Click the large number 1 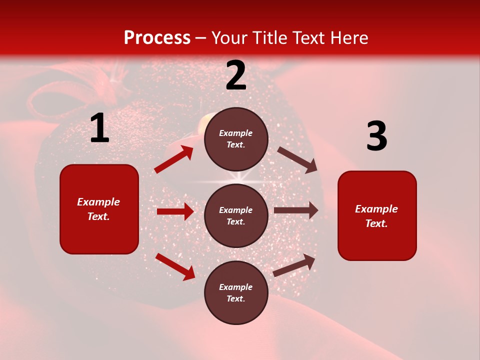coord(99,128)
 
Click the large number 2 coord(236,76)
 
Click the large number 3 coord(376,136)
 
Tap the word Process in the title coord(157,38)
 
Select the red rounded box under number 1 coord(99,209)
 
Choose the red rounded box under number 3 coord(377,215)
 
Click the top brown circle coord(236,139)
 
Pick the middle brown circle coord(236,215)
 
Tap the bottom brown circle coord(236,292)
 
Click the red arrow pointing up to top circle coord(174,159)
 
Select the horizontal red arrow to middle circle coord(175,211)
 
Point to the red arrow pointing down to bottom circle coord(175,266)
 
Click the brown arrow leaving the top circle coord(297,159)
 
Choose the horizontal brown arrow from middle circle coord(296,210)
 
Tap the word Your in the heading coord(228,38)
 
